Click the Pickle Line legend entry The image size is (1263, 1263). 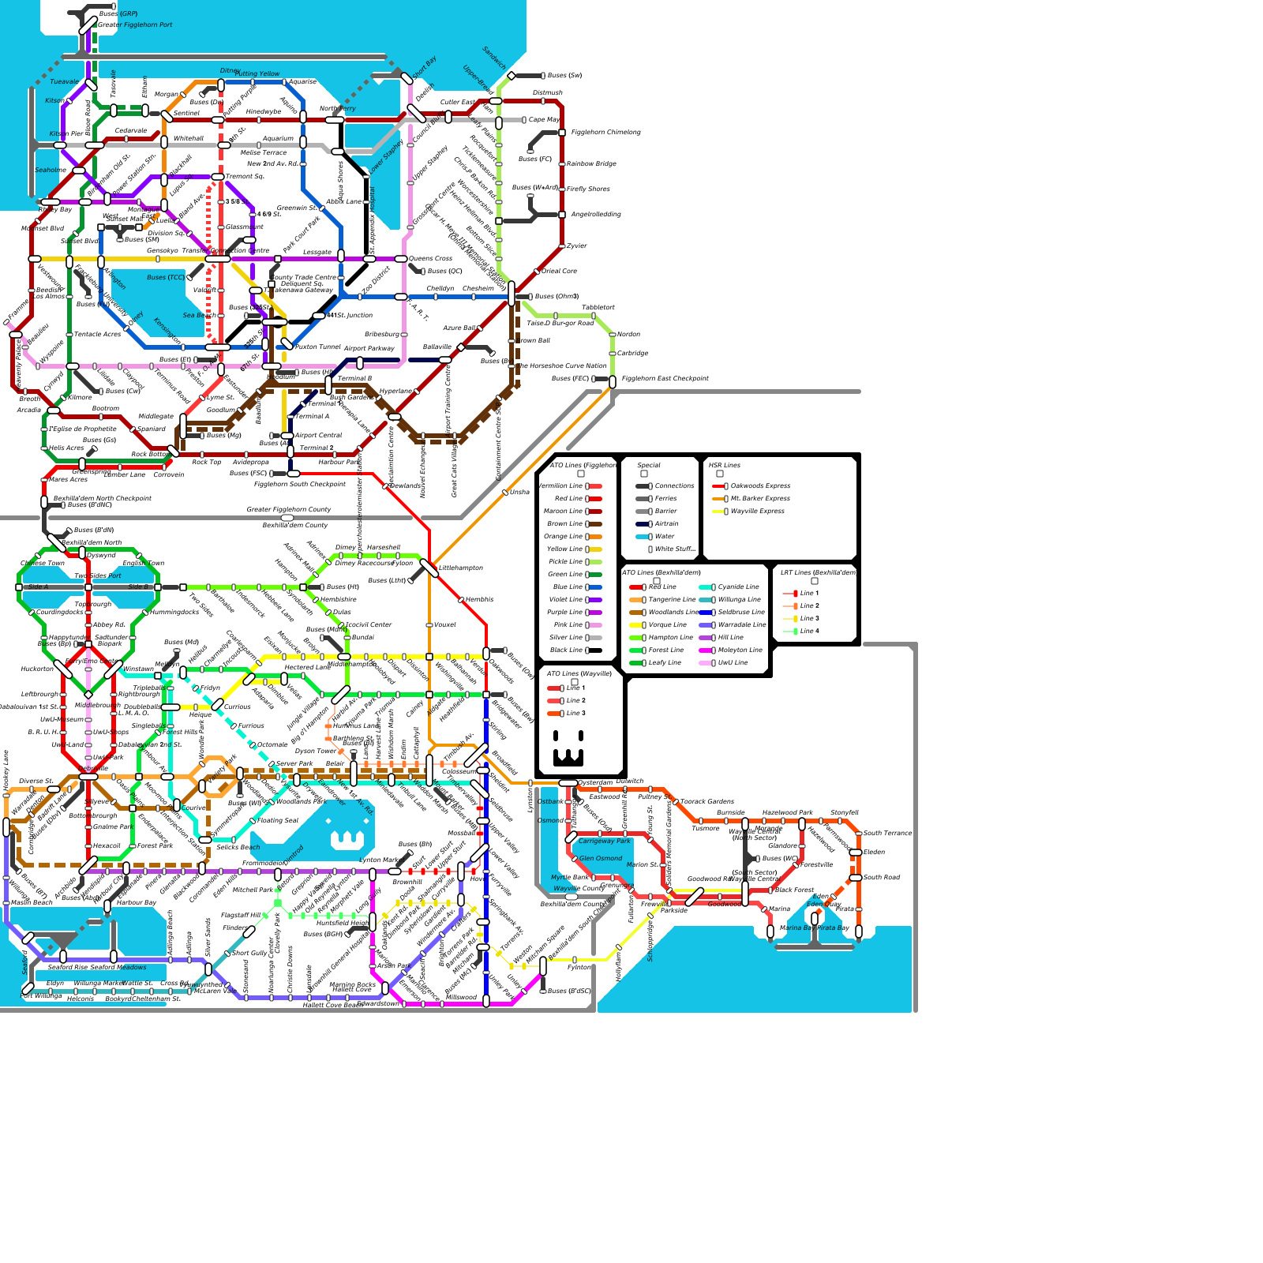tap(565, 562)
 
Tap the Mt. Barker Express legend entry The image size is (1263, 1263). tap(760, 499)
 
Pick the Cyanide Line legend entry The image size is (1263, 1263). tap(738, 587)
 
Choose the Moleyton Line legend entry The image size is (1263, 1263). tap(740, 650)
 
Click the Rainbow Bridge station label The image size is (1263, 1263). tap(591, 164)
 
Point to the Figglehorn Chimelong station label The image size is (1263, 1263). tap(605, 133)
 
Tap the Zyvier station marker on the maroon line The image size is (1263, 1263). tap(562, 246)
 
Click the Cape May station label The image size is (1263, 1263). tap(544, 120)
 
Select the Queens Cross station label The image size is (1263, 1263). tap(430, 259)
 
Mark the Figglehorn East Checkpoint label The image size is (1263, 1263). tap(665, 379)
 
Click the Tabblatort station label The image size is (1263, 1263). tap(598, 308)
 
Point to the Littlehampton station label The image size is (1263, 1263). tap(460, 568)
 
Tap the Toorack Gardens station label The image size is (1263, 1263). tap(707, 802)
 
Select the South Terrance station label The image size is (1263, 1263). tap(887, 834)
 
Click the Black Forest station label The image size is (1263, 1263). tap(794, 890)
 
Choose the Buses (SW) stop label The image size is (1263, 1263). tap(564, 76)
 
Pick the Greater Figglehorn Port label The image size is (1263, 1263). tap(135, 25)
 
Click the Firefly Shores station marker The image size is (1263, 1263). tap(562, 189)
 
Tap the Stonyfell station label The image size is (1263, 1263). tap(844, 813)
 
